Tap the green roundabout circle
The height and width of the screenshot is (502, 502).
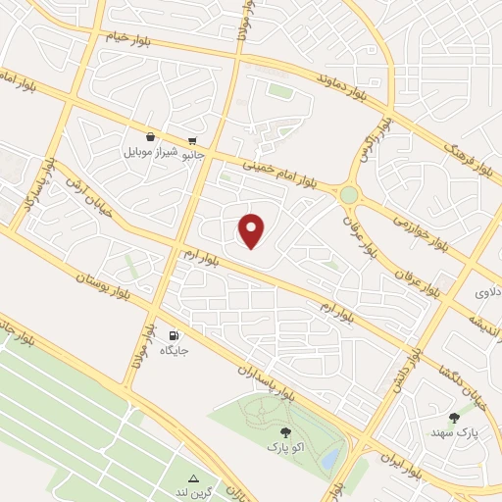349,195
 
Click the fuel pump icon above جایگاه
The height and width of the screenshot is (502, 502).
175,334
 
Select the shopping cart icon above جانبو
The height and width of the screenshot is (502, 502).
192,140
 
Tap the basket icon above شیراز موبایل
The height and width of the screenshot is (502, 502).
149,138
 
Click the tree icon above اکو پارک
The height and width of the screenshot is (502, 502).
285,431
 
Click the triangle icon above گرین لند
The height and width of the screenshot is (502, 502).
193,478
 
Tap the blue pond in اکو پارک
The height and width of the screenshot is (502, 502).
330,457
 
